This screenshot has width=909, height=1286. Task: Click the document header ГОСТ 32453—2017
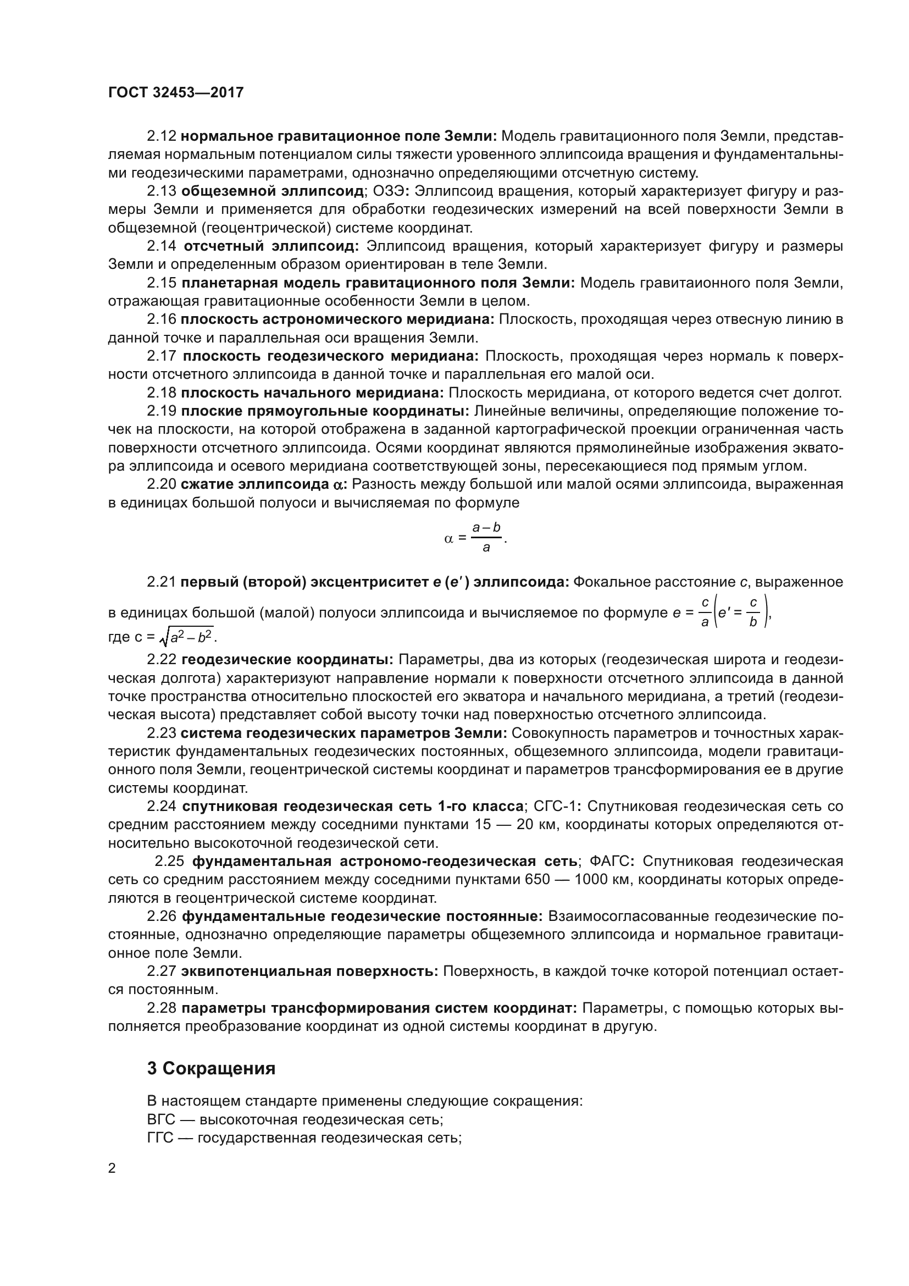point(176,92)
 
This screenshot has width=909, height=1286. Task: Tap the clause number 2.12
point(162,136)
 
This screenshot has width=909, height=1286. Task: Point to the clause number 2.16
point(162,319)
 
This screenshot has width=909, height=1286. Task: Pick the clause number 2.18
point(162,393)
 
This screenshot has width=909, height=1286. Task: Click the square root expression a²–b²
point(189,637)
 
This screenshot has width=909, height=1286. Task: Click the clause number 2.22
point(162,660)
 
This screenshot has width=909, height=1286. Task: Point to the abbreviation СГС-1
point(554,807)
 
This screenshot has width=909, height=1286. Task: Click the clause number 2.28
point(162,1008)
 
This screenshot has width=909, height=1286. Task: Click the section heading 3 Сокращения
point(212,1069)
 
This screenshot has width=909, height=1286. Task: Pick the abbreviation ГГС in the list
point(160,1138)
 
